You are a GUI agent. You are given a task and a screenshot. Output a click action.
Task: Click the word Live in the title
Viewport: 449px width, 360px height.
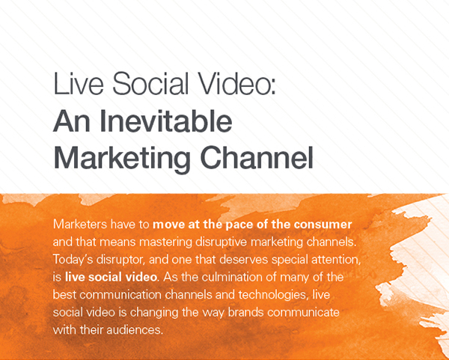point(79,84)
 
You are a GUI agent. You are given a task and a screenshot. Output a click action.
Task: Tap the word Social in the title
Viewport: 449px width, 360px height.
point(150,84)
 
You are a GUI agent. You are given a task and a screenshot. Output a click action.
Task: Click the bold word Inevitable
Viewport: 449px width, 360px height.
point(166,120)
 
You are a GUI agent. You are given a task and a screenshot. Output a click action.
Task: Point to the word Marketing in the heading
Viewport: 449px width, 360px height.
point(122,159)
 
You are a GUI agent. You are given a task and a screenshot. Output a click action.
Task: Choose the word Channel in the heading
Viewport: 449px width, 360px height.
point(257,157)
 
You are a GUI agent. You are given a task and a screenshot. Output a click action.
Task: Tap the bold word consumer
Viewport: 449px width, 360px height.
point(323,225)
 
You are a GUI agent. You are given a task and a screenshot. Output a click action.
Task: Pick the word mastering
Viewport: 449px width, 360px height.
point(165,242)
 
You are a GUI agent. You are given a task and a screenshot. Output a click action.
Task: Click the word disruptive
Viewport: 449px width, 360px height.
point(221,242)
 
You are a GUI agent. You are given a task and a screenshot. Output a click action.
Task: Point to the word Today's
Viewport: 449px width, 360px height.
point(73,260)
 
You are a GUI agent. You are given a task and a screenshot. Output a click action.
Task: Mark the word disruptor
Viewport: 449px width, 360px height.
point(120,260)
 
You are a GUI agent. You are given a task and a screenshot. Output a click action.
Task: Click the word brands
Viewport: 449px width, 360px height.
point(245,312)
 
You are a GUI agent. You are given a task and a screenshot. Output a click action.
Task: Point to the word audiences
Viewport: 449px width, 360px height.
point(135,330)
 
